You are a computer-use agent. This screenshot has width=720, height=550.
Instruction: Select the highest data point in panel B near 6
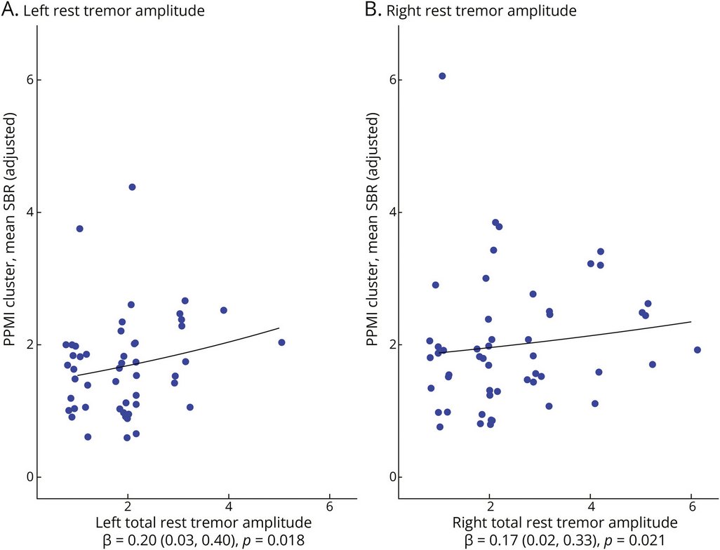442,76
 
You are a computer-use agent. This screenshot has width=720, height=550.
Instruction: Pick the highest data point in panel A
132,187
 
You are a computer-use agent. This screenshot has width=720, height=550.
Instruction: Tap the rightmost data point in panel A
281,342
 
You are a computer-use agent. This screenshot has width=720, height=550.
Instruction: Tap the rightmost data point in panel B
697,350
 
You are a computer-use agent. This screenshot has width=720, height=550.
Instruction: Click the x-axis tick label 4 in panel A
229,507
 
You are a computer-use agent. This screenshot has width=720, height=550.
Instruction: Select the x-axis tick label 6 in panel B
691,507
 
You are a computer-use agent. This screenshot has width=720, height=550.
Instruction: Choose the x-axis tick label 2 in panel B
489,507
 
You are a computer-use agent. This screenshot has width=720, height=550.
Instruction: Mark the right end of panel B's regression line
691,322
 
